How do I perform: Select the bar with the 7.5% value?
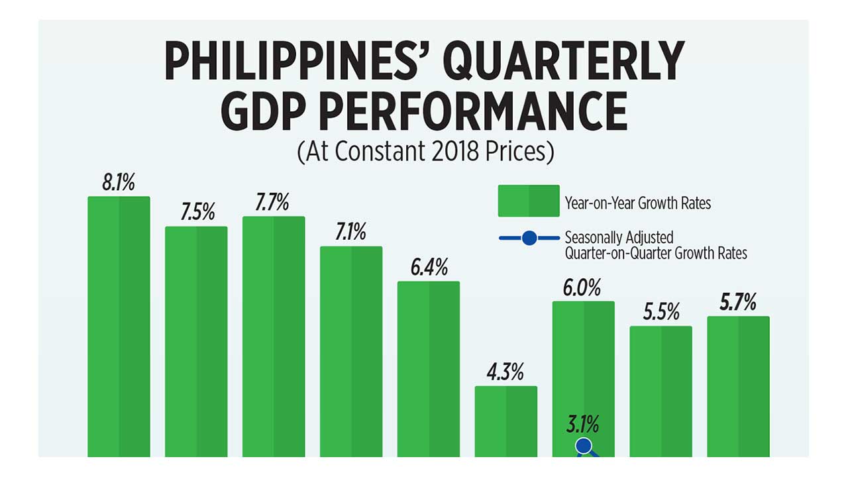(196, 341)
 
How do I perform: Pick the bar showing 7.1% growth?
(351, 351)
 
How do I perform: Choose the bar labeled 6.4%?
(429, 368)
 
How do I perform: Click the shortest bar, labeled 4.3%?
(506, 421)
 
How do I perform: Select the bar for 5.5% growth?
(661, 391)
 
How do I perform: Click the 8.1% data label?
(119, 183)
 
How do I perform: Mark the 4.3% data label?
(505, 373)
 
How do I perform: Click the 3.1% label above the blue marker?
(583, 423)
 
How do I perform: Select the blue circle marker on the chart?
(584, 447)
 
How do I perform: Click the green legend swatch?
(529, 201)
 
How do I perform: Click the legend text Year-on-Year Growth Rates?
(637, 203)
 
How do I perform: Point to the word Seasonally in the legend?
(591, 237)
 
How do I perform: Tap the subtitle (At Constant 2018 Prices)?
(425, 152)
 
